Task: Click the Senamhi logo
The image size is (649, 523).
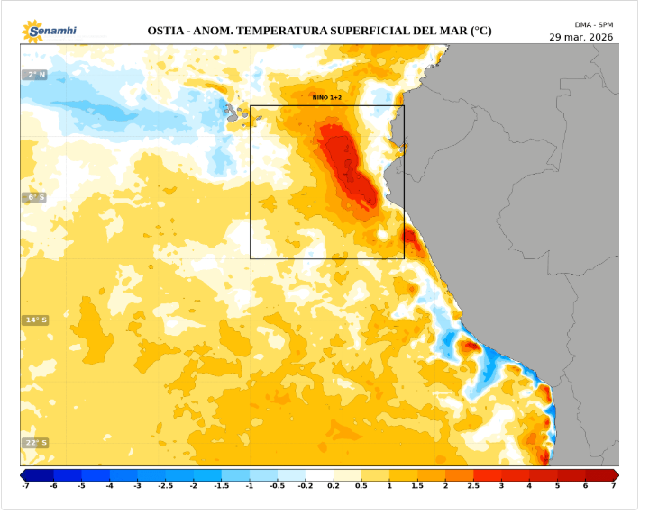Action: (50, 31)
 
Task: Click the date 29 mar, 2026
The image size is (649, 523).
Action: (581, 37)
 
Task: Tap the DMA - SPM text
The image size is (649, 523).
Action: (594, 24)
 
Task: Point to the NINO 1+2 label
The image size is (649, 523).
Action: (326, 96)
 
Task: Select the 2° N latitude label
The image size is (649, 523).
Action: (34, 75)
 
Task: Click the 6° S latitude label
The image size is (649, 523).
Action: (34, 197)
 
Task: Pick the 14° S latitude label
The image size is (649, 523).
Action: (34, 320)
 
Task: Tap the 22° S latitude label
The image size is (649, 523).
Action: (34, 443)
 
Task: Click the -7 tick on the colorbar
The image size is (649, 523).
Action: (25, 486)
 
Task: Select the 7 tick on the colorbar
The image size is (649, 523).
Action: (613, 486)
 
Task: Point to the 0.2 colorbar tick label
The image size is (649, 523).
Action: (334, 486)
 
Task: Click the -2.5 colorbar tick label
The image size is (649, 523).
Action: (165, 486)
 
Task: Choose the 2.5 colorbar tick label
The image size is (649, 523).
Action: (473, 486)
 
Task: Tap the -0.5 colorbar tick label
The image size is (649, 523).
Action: (277, 486)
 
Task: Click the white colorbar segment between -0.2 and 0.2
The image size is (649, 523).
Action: (319, 474)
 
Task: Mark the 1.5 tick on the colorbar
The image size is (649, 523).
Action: (417, 486)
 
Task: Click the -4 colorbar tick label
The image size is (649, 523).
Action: (109, 486)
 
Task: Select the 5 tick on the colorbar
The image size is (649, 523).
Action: (557, 486)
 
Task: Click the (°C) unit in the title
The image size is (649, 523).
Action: (481, 31)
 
